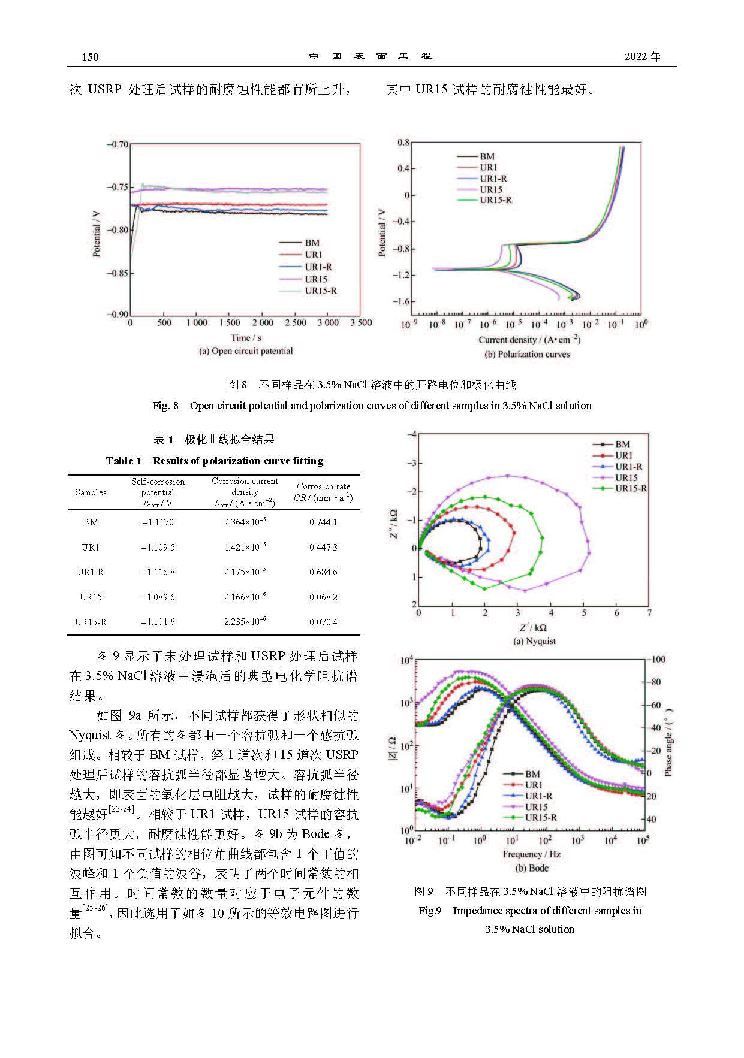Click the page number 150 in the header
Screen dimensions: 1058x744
point(90,57)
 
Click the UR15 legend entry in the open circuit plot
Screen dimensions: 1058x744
point(315,279)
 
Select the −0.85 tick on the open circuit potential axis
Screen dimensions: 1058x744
point(118,273)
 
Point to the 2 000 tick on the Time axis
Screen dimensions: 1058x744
point(263,323)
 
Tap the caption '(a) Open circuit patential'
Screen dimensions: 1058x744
point(246,352)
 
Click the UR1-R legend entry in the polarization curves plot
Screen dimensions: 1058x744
point(493,179)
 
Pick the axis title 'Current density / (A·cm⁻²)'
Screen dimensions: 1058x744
point(529,340)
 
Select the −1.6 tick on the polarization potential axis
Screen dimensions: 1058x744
point(401,301)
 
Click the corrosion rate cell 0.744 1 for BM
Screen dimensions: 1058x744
point(323,522)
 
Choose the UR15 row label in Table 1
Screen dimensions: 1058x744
point(91,597)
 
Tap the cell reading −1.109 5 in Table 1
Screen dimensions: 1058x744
point(158,548)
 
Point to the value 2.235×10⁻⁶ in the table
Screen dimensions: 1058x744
point(245,622)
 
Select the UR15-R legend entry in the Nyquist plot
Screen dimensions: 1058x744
point(631,489)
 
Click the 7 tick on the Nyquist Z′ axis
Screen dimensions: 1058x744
point(649,613)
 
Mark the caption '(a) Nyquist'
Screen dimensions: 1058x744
point(534,642)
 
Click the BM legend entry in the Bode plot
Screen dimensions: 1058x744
point(532,774)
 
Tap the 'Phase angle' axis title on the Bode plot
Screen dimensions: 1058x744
point(669,743)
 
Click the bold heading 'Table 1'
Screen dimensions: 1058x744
point(124,461)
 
